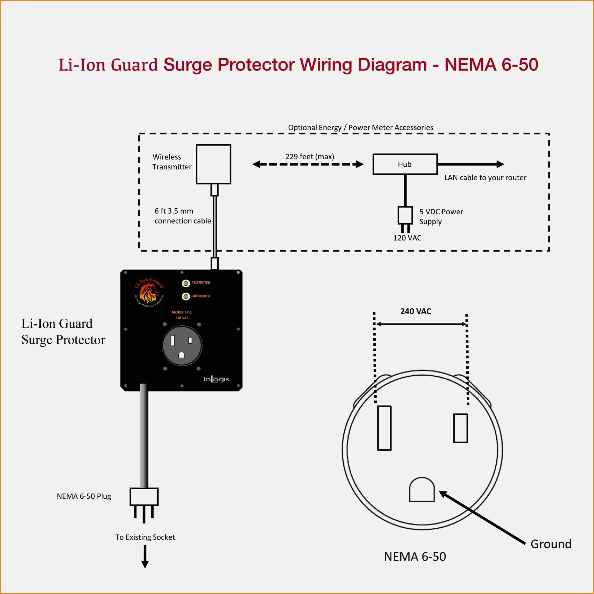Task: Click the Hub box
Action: click(x=405, y=164)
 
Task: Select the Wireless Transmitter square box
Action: click(x=213, y=164)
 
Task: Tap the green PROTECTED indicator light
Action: click(x=186, y=283)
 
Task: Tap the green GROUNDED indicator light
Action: click(x=186, y=296)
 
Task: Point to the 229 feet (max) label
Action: click(x=309, y=156)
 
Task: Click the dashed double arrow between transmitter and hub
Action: click(x=308, y=164)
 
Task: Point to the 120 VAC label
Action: click(x=407, y=238)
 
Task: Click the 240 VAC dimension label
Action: click(x=415, y=311)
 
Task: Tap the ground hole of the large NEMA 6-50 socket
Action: click(x=422, y=490)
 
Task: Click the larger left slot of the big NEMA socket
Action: click(x=384, y=428)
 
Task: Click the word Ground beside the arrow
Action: click(x=551, y=544)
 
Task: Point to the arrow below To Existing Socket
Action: click(x=145, y=557)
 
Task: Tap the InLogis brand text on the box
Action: click(x=216, y=379)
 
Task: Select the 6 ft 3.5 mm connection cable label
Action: click(x=183, y=216)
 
